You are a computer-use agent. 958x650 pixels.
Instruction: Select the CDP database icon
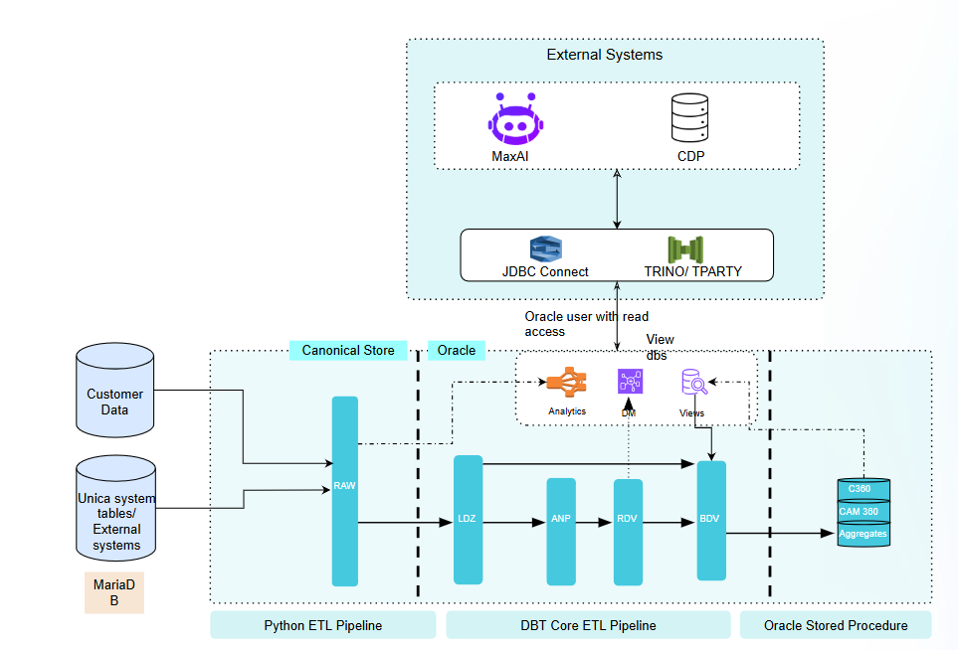(689, 118)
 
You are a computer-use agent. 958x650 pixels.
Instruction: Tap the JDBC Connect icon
(546, 248)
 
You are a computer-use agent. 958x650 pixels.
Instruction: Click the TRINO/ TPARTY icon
(685, 248)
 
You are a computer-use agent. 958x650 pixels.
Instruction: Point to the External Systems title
(604, 55)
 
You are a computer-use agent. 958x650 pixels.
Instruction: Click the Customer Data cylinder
(114, 391)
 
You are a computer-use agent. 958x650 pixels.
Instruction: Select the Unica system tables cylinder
(116, 508)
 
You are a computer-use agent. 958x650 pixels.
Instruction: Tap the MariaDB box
(113, 592)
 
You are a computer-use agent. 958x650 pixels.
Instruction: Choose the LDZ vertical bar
(468, 519)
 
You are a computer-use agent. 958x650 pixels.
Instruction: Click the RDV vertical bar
(628, 531)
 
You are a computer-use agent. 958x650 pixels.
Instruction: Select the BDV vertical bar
(711, 520)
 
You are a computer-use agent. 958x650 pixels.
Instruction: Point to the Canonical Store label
(348, 350)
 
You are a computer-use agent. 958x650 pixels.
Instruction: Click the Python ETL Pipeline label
(323, 625)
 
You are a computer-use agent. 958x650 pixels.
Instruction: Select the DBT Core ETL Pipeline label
(588, 625)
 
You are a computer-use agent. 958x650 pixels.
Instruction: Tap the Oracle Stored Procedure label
(836, 625)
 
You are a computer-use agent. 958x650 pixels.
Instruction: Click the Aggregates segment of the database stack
(862, 535)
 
